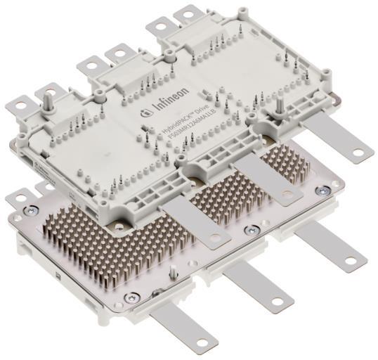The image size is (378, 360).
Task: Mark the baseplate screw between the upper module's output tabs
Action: pyautogui.click(x=248, y=229)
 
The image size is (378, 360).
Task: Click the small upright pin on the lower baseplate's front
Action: pyautogui.click(x=173, y=271)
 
